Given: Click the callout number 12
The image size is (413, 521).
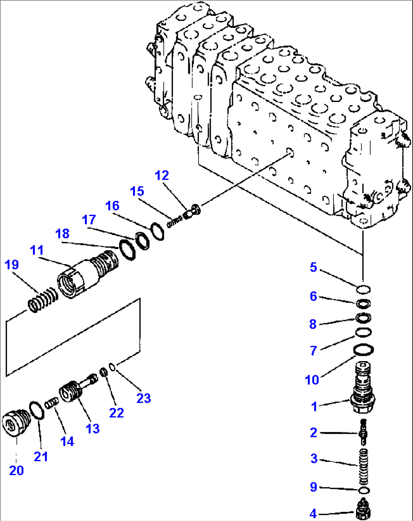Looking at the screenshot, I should tap(162, 175).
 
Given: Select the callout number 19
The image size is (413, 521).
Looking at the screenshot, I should tap(12, 264).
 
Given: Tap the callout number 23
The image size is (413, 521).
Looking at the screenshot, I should tap(144, 398).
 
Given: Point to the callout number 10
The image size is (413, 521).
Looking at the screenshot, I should tap(312, 379).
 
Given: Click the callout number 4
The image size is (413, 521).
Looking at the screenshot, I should tap(313, 513).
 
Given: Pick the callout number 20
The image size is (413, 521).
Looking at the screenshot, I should tap(16, 470).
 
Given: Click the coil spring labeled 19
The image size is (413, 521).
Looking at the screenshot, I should tap(43, 299).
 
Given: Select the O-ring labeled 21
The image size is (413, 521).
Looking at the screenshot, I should tap(37, 410).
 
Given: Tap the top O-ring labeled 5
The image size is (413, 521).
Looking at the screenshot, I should tap(363, 290).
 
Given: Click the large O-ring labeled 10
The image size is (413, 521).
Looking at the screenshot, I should tap(364, 349).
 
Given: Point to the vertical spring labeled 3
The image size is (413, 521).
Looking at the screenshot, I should tap(363, 466).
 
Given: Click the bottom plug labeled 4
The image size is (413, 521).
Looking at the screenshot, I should tap(363, 510).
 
